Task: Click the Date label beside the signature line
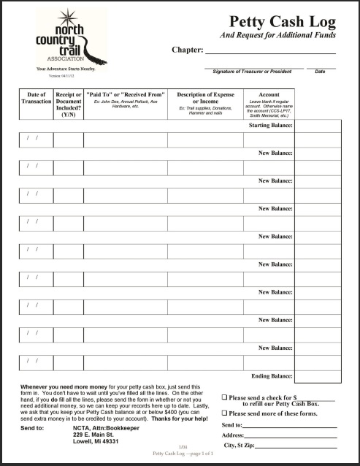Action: point(320,72)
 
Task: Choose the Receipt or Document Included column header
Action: point(69,104)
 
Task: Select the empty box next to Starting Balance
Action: point(318,126)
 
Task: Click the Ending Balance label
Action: point(272,375)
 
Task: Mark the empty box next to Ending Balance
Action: point(318,375)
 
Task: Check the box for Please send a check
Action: point(225,398)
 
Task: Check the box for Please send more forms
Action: point(225,413)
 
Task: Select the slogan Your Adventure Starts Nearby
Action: point(66,69)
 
